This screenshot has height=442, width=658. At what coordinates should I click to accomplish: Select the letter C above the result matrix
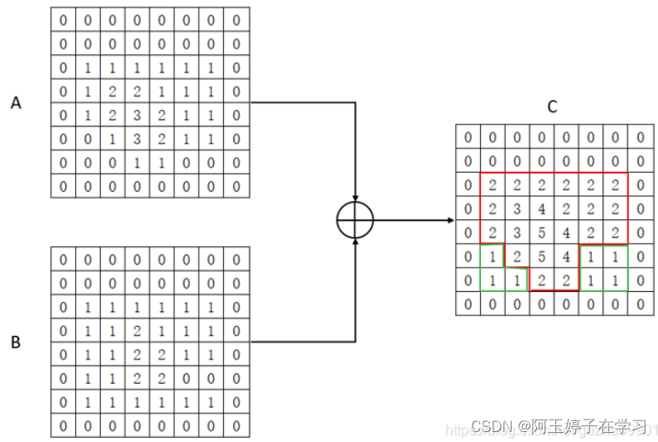coord(552,107)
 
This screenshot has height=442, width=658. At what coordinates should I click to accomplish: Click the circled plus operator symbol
coord(355,221)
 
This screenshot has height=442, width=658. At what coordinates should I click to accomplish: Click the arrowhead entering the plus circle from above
coord(356,198)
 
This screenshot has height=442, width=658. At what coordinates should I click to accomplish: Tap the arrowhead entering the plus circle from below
coord(356,243)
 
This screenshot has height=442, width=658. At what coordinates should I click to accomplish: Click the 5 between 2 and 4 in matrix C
coord(542,255)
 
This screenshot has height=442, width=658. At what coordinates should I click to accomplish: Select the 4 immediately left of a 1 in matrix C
coord(566,255)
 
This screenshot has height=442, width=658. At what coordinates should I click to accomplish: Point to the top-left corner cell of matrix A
coord(63,19)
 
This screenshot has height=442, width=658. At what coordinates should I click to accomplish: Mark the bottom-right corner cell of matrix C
coord(640,304)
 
